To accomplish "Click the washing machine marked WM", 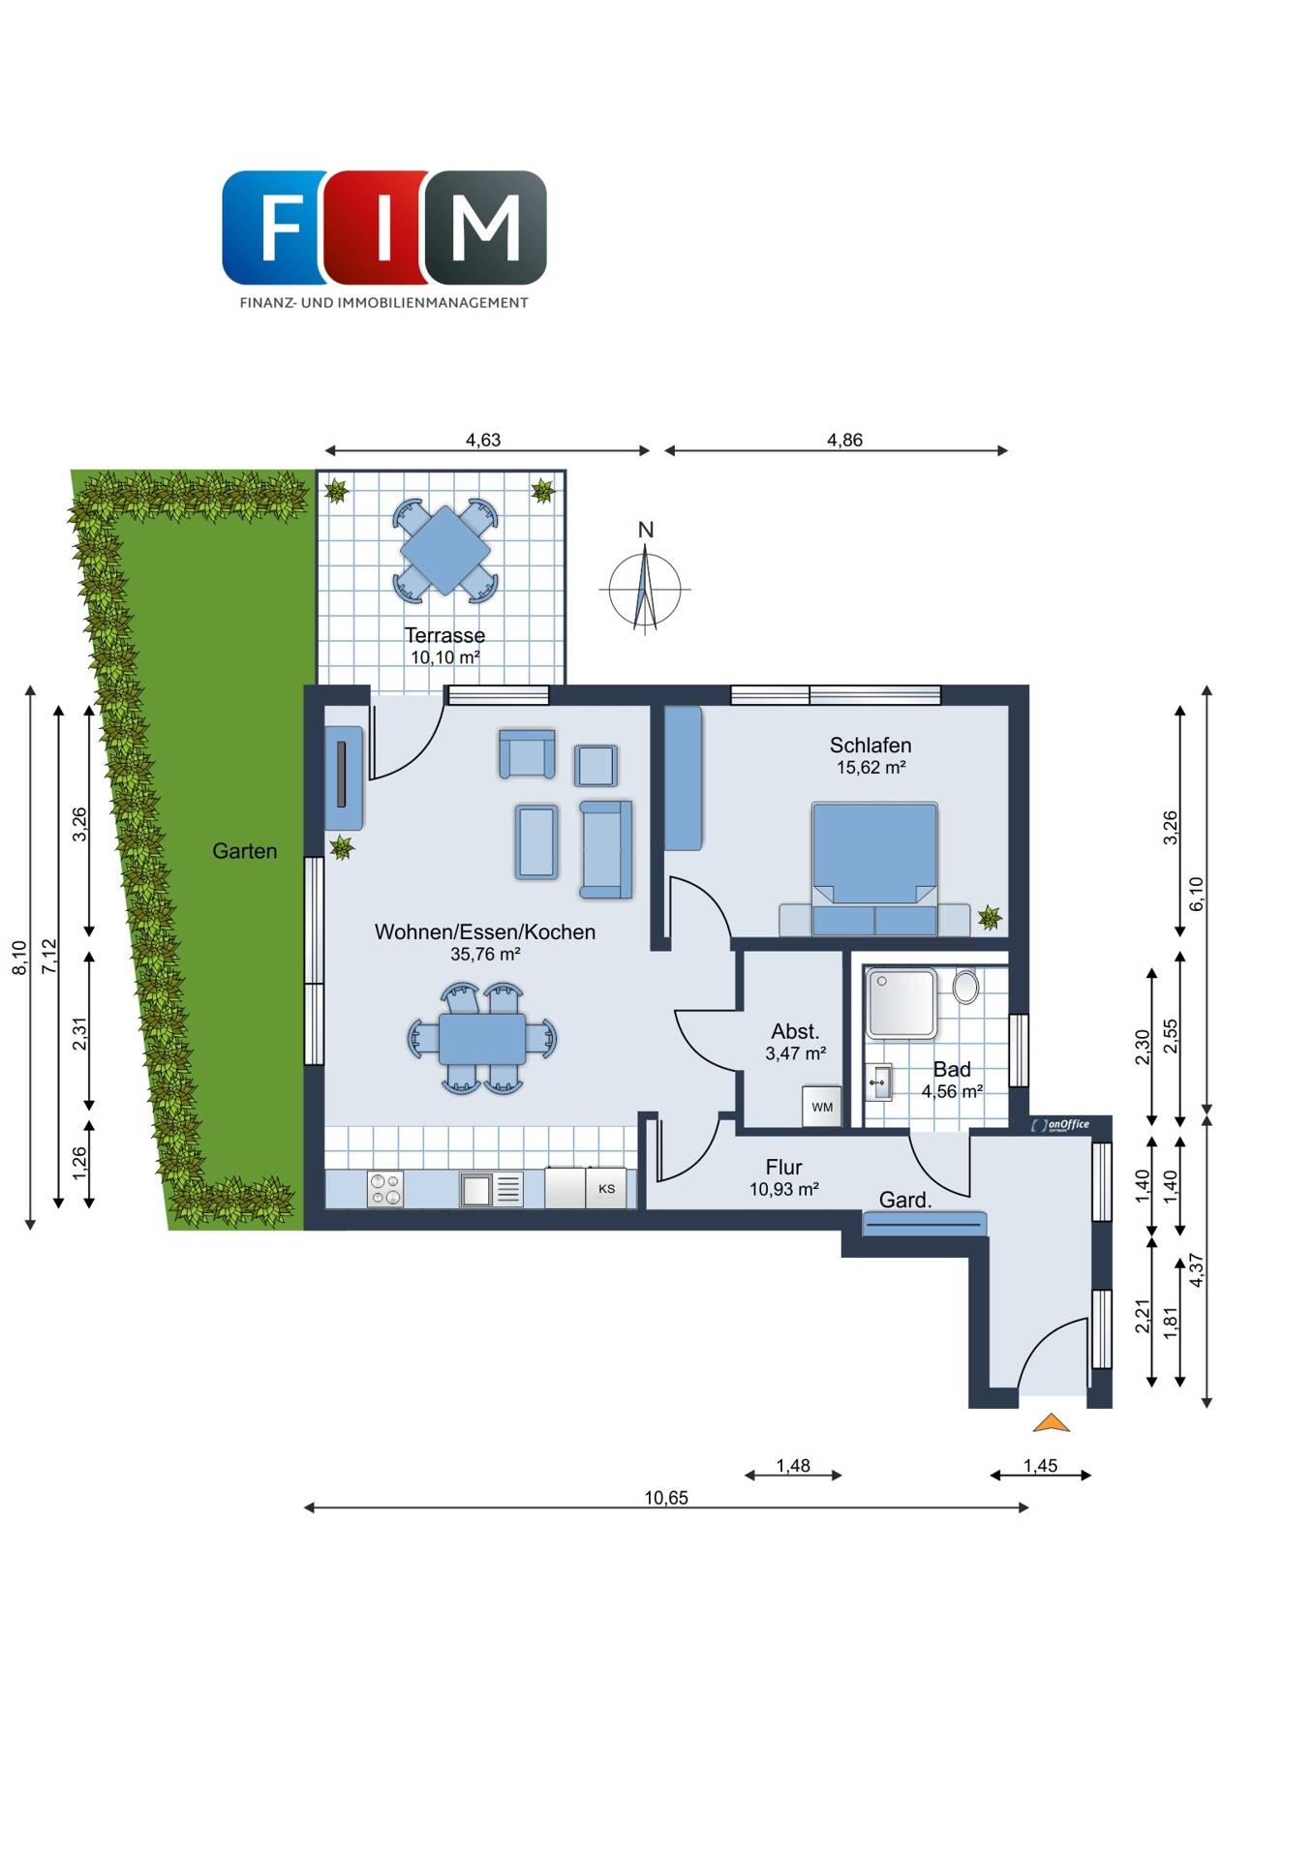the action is point(822,1107).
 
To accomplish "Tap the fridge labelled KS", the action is point(607,1188).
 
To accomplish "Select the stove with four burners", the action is point(385,1189).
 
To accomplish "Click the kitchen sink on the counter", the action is point(492,1189).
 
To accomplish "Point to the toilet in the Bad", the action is point(965,988).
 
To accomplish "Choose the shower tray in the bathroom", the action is point(901,1002).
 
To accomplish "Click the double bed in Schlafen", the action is point(874,869).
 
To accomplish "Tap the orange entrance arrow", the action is point(1051,1422).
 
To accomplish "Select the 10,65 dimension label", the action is point(666,1498).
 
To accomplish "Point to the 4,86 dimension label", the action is point(844,440).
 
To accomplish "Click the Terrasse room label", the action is point(444,635).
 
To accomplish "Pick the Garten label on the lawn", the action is point(245,851).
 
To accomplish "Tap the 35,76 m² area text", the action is point(485,954).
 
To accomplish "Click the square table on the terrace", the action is point(444,550).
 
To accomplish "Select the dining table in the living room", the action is point(482,1038).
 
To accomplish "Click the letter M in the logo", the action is point(485,228).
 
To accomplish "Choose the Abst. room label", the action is point(795,1032).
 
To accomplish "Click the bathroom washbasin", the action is point(879,1082).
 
